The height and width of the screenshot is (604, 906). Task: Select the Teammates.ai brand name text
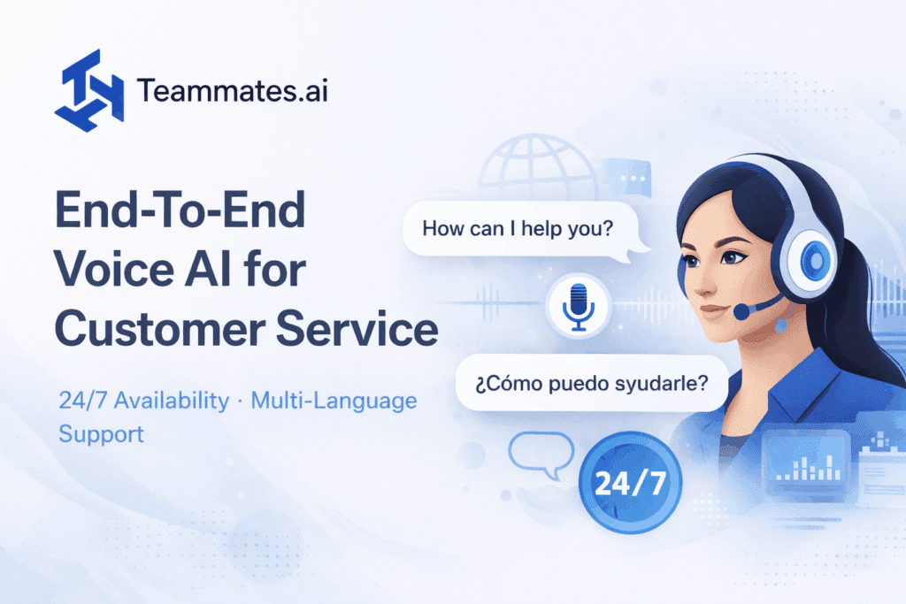point(233,90)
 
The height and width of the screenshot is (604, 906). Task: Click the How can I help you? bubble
point(518,228)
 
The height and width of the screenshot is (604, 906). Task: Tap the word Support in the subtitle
point(101,435)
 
